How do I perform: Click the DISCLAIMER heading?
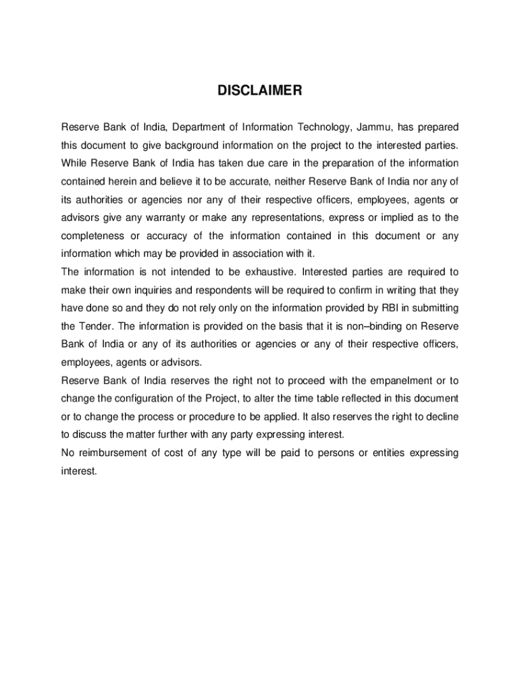[259, 91]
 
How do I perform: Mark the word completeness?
[93, 236]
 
